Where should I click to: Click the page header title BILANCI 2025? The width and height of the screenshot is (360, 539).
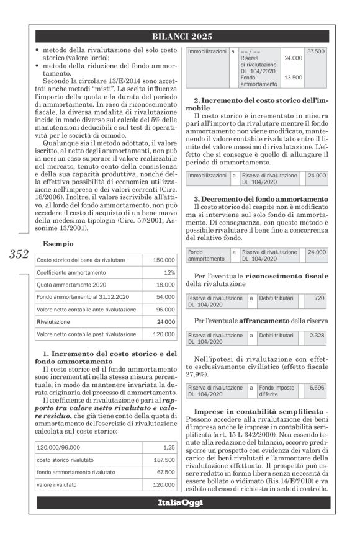[182, 37]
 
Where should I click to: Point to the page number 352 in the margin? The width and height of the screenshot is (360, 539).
[19, 254]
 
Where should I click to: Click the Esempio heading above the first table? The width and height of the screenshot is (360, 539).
[58, 244]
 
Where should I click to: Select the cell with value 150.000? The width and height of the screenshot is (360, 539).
[163, 260]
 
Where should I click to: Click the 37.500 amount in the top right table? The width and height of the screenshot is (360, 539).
[316, 51]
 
